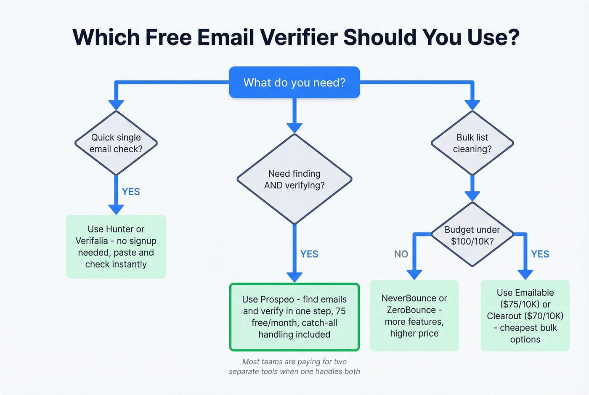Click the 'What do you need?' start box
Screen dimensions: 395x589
(294, 82)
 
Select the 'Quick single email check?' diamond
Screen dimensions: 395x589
(116, 143)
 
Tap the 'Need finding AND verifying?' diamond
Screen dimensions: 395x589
(294, 179)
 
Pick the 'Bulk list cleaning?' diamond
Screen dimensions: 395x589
(472, 143)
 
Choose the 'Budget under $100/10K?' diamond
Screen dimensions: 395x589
(472, 235)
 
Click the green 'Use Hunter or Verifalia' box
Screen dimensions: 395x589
(116, 247)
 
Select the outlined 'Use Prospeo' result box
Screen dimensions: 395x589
(294, 317)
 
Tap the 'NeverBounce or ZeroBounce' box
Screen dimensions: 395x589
(414, 315)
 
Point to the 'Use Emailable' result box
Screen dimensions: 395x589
(525, 315)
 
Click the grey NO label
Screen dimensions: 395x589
(401, 254)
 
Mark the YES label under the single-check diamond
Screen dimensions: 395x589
(131, 192)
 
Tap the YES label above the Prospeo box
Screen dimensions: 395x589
(309, 254)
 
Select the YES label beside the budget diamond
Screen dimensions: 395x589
(540, 254)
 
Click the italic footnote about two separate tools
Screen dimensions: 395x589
(294, 366)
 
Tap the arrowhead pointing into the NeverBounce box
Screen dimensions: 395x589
(414, 275)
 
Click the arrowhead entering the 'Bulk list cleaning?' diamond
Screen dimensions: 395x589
(472, 105)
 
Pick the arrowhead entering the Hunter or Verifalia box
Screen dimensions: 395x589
(116, 209)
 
